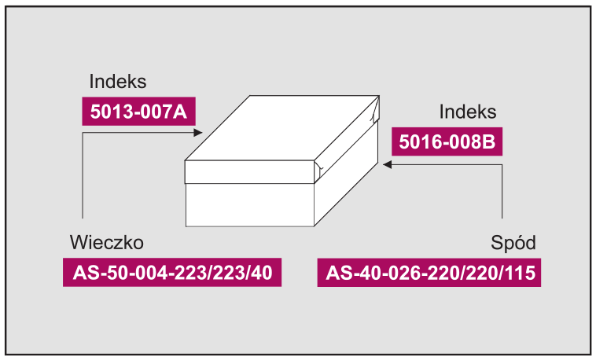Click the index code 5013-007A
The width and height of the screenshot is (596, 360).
point(138,112)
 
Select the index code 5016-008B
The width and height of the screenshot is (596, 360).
point(447,141)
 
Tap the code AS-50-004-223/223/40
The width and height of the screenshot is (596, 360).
point(172,273)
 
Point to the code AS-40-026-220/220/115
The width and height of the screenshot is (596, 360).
point(430,273)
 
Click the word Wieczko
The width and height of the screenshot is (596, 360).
point(107,243)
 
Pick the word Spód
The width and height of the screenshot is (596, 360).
point(513,243)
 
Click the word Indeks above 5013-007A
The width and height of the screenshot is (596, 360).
point(118,81)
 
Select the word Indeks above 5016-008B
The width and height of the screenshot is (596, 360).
point(468,112)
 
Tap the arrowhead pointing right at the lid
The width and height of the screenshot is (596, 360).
point(198,133)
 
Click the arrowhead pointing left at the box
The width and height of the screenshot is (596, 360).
point(388,164)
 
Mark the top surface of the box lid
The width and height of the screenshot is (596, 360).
point(281,128)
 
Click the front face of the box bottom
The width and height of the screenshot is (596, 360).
point(250,205)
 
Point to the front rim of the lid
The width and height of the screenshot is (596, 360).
point(249,172)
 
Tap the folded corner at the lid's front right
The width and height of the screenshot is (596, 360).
point(318,170)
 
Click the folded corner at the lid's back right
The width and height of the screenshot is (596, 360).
point(376,109)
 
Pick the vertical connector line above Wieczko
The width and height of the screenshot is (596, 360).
point(83,175)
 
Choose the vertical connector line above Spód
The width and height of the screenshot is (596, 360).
point(502,191)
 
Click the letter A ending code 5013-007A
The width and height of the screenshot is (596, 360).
point(181,112)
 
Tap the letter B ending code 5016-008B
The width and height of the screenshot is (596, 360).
point(490,141)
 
